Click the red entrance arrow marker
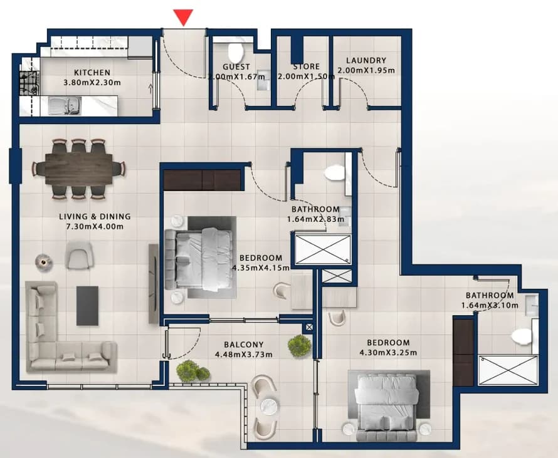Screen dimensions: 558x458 (x=183, y=17)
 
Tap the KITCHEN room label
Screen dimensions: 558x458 (x=92, y=73)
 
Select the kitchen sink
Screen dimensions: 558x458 (x=65, y=106)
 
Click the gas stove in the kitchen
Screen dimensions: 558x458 (x=29, y=83)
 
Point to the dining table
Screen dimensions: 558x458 (x=79, y=169)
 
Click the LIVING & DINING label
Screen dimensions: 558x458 (x=95, y=217)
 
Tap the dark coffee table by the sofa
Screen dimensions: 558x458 (x=88, y=306)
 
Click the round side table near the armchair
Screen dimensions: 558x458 (x=44, y=263)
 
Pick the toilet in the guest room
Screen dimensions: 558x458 (x=236, y=52)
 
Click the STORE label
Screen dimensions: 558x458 (x=307, y=66)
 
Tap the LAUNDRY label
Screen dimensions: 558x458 (x=366, y=60)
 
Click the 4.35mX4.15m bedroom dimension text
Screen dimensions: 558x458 (x=261, y=268)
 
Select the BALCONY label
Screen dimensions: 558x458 (x=244, y=345)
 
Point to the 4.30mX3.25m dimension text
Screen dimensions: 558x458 (x=388, y=353)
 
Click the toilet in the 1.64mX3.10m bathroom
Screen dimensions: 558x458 (x=522, y=336)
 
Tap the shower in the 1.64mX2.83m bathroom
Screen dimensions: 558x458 (x=323, y=249)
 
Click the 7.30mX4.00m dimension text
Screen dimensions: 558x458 (x=95, y=227)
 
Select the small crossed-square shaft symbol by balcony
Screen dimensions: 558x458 (x=309, y=327)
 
